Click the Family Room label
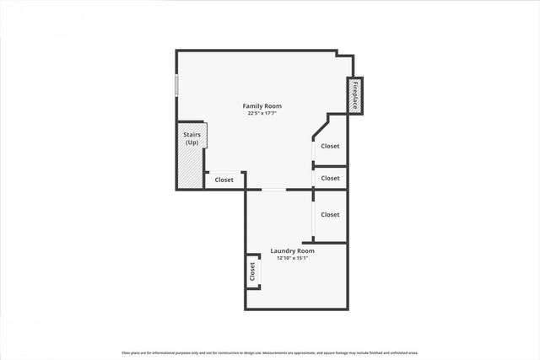point(262,106)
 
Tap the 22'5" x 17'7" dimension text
point(262,114)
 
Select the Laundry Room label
point(292,250)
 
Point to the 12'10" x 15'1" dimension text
point(292,258)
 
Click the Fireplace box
point(355,95)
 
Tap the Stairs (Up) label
point(192,138)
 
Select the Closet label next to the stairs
point(224,180)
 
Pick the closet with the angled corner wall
point(330,145)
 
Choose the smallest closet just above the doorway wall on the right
point(330,178)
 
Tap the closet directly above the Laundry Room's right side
point(330,214)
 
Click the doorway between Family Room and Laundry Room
point(273,190)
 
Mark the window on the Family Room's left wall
point(176,85)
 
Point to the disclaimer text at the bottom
point(270,352)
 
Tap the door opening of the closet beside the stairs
point(224,172)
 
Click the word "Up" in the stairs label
point(192,142)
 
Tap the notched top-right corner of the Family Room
point(344,56)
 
